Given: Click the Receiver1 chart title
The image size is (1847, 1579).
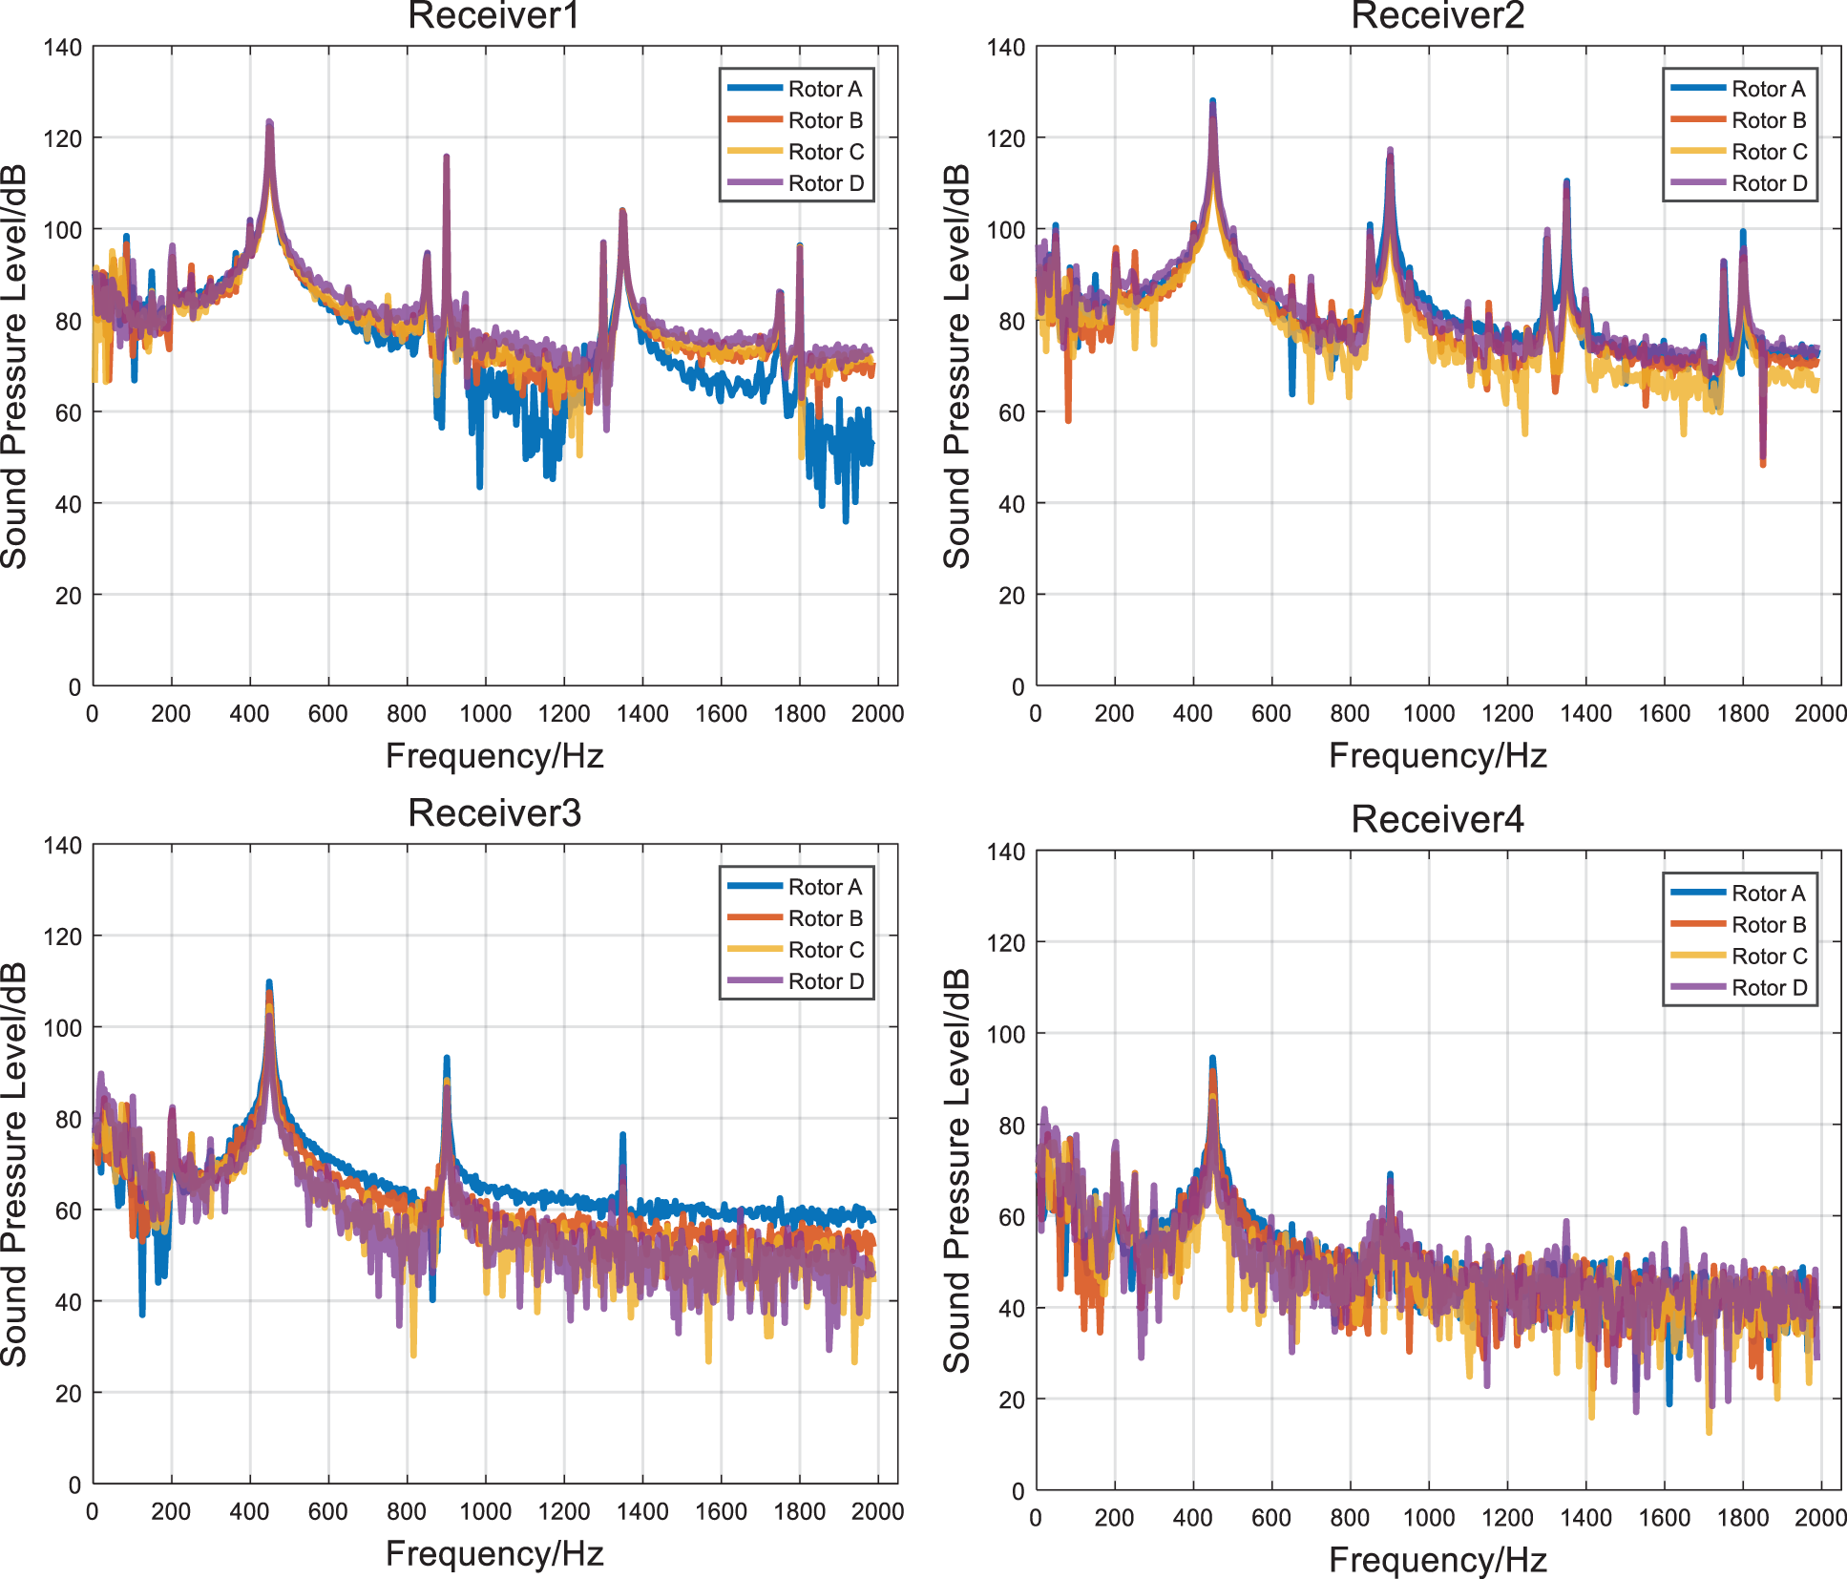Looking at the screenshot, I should tap(493, 16).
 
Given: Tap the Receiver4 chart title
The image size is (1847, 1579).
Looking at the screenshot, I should tap(1437, 820).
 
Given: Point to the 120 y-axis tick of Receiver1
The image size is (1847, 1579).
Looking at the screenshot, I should tap(63, 138).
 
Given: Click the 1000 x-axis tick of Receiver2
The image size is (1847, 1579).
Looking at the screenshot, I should tap(1428, 713).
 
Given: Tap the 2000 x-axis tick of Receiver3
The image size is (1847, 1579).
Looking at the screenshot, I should tap(877, 1511).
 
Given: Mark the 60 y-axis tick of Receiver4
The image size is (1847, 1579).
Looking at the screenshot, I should tap(1011, 1217).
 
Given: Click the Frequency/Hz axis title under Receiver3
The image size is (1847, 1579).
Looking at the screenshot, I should tap(493, 1553).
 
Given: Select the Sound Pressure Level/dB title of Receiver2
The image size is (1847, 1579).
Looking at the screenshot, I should tap(955, 367).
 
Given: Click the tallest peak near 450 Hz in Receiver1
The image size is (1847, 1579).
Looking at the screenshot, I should tap(269, 122).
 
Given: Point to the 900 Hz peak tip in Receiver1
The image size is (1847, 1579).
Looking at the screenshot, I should tap(446, 157).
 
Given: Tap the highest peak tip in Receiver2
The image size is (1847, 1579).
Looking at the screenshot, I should tap(1212, 101).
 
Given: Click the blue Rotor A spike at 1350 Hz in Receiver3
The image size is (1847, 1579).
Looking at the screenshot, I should tap(622, 1135).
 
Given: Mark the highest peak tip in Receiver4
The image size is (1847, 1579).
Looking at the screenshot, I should tap(1212, 1059).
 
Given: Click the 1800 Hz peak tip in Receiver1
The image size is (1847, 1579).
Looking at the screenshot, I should tap(799, 246).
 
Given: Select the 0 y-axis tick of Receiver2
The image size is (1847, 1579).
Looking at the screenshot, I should tap(1018, 686).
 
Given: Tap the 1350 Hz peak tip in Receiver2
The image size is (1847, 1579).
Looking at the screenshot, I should tap(1566, 181).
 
